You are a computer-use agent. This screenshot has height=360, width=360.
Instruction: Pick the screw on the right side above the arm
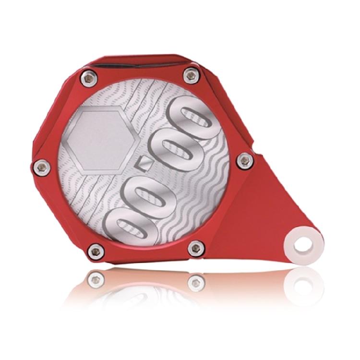(x=245, y=160)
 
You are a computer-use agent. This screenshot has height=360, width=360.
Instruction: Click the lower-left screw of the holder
(x=96, y=250)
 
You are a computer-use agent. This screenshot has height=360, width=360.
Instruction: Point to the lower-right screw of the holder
(x=196, y=248)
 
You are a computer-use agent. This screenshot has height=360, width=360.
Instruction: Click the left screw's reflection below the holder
(x=96, y=278)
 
